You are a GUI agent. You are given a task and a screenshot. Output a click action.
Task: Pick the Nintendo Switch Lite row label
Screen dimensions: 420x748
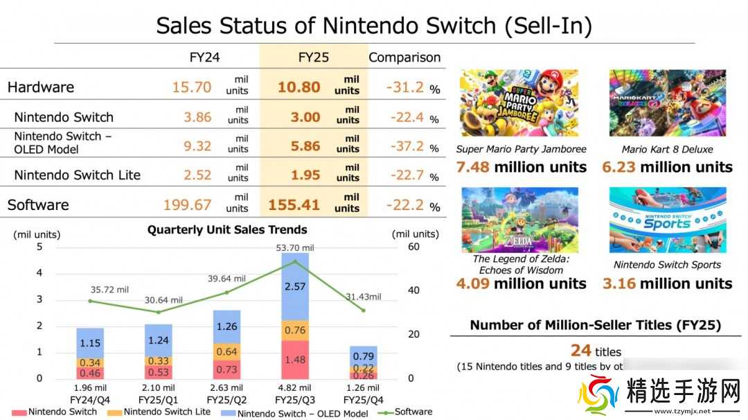(77, 175)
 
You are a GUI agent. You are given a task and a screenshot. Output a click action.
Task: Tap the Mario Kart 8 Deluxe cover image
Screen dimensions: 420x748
(668, 103)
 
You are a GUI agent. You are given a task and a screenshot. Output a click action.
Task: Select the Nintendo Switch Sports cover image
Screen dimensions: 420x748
(668, 220)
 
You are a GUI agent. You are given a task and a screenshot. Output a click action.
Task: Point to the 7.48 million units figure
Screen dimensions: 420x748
(521, 167)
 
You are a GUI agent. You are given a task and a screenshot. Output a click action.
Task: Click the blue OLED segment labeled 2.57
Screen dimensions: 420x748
(295, 286)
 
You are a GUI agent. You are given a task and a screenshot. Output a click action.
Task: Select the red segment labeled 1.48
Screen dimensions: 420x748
(295, 359)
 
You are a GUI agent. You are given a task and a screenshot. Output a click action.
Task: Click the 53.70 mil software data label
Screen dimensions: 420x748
(294, 247)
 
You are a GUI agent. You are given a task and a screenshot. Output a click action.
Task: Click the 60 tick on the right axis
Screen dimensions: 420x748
(413, 247)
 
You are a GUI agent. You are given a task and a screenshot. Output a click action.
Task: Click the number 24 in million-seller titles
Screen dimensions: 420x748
(580, 351)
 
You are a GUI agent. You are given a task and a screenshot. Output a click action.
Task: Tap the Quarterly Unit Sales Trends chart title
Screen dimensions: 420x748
(227, 229)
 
